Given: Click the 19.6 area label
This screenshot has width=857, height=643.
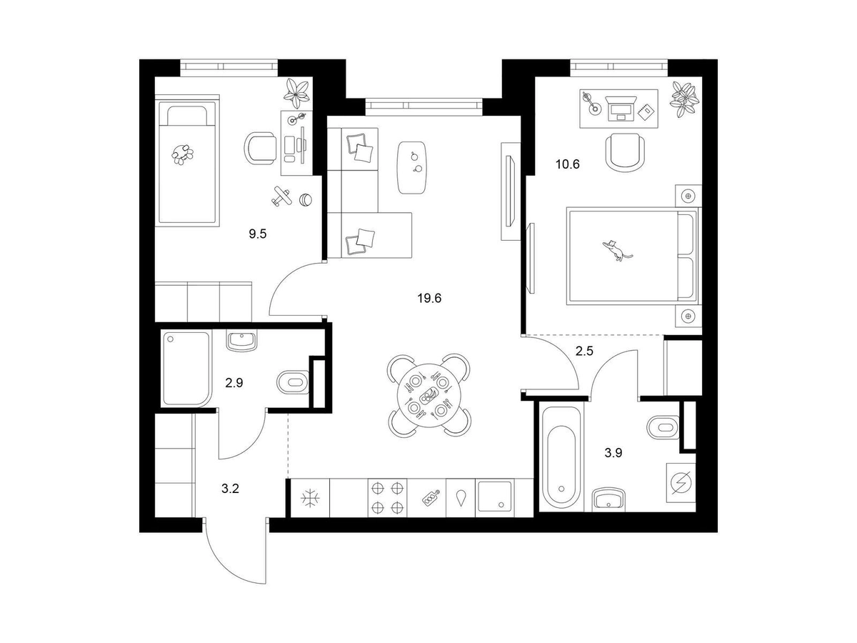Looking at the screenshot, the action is tap(429, 299).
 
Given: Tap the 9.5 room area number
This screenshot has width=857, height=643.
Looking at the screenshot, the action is tap(258, 234).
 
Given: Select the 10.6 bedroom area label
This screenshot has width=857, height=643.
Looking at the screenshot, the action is tap(568, 164).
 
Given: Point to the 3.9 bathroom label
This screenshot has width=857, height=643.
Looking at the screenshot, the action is tap(613, 453).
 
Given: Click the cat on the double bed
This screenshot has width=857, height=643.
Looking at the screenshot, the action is tap(616, 250).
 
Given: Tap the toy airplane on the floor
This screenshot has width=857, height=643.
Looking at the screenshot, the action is tap(281, 196).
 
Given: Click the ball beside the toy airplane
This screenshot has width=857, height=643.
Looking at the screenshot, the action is tap(306, 199).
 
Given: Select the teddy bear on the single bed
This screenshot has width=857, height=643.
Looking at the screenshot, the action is tap(182, 154).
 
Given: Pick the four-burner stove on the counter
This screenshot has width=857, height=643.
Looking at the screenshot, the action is tap(387, 498).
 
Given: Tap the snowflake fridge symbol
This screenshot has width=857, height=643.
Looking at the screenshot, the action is tap(311, 499).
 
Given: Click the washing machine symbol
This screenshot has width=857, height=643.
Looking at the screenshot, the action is tap(681, 483).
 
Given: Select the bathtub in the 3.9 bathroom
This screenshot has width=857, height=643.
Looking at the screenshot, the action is tap(561, 458).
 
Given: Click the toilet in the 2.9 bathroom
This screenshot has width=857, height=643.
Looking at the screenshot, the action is tap(293, 382).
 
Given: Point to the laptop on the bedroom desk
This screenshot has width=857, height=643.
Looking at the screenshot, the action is tap(620, 108).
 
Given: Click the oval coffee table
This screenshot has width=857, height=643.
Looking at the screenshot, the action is tap(412, 167).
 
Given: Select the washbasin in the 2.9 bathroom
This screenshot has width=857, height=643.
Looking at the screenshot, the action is tap(242, 341).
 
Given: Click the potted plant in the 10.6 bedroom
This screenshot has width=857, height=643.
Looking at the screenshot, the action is tap(684, 99).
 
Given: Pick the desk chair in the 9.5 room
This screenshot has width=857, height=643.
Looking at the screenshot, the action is tap(260, 149).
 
